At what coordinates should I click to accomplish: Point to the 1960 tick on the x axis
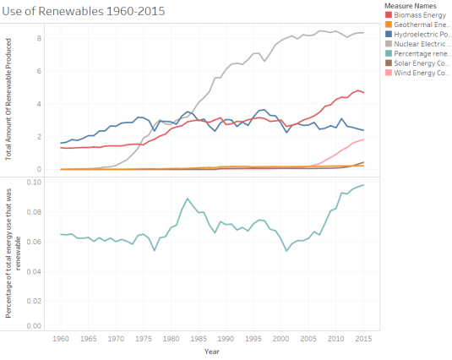(61, 337)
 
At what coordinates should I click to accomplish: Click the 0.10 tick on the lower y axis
(34, 182)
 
